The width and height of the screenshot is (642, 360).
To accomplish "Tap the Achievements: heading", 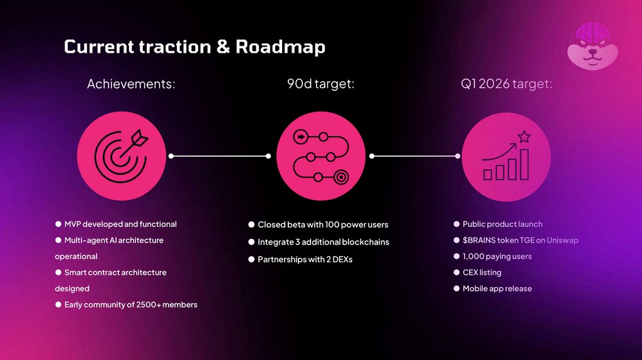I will coord(131,84).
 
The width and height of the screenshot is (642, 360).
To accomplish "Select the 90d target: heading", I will coord(317,84).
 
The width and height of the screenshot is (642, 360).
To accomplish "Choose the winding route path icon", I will coord(321,157).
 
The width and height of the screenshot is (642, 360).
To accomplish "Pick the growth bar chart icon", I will coord(506,157).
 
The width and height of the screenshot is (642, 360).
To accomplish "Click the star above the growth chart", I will coord(524,136).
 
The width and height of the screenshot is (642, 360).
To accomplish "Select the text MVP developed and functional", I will coord(120,224).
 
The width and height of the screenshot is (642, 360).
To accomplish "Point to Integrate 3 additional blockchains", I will coord(323,242).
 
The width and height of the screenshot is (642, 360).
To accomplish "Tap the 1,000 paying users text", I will coord(497,257).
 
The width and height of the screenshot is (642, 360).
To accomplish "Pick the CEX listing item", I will coord(481,273).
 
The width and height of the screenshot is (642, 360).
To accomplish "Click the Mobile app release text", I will coord(497,289).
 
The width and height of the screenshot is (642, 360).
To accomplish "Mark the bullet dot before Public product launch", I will coord(456,224).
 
